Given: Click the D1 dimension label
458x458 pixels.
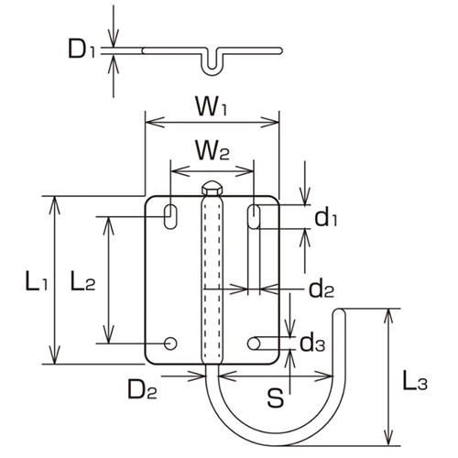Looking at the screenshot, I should pos(82,49).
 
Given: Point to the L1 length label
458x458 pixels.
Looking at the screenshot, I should pos(36,281).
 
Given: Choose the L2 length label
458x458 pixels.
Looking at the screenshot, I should pos(82,281).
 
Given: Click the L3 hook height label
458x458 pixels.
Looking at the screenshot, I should pos(415,382).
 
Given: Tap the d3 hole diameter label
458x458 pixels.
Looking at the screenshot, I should pos(312,343).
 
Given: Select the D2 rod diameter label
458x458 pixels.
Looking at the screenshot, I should pos(142,392).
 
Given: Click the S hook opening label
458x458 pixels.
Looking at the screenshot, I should pos(272,398).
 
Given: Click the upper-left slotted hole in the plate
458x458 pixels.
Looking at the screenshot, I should pos(171,216).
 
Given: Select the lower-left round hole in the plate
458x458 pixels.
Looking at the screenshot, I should pos(170,343).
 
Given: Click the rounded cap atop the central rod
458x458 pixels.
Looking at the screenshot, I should pos(212,187).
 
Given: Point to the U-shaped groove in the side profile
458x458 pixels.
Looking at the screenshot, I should pos(212,62).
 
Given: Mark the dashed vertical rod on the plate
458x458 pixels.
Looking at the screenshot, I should pos(212,275).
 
